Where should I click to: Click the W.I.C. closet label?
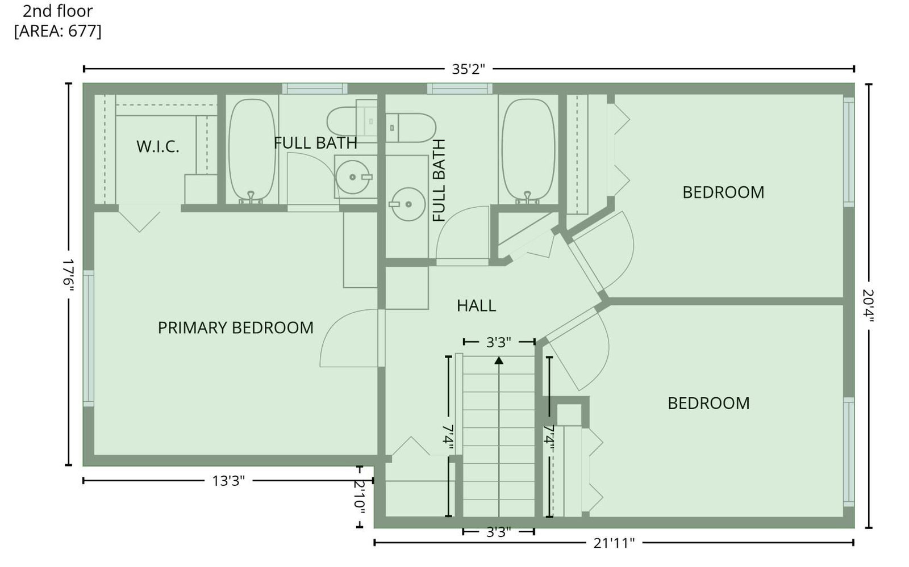pos(157,146)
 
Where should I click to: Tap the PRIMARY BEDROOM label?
pos(235,328)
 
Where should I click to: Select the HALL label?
pos(476,306)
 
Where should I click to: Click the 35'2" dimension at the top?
pos(468,69)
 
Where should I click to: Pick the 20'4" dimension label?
pos(868,306)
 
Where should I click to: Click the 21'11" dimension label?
pos(614,543)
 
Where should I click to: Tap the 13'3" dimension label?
pos(228,481)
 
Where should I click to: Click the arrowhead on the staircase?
pos(499,360)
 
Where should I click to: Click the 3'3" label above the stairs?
pos(498,343)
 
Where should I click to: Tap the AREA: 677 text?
pos(57,31)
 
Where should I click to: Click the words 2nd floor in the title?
pos(57,11)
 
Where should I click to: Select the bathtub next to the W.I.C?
pos(252,150)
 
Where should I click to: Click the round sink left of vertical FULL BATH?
pos(408,204)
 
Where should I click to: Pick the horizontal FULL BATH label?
pos(315,143)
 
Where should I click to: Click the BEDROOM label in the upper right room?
pos(723,192)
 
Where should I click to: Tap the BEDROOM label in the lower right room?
pos(708,404)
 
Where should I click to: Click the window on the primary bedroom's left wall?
pos(89,338)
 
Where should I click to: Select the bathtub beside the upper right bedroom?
pos(528,149)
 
